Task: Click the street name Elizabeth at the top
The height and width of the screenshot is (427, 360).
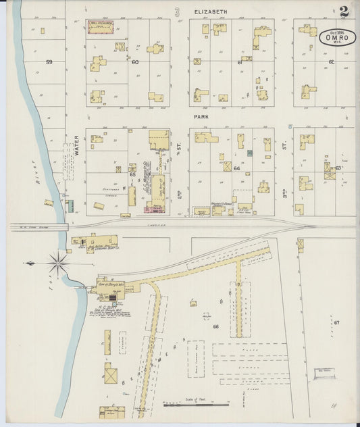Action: [x=211, y=12]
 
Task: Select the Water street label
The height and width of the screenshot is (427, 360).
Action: [x=76, y=144]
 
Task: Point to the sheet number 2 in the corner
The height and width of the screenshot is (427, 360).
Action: [x=344, y=11]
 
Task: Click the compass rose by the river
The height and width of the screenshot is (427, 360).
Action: [x=58, y=263]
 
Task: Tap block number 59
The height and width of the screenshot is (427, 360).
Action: [x=49, y=62]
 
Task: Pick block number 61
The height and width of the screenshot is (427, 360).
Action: [x=240, y=62]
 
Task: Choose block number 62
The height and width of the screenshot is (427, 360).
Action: [x=331, y=62]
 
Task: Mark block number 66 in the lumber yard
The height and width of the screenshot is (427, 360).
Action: [x=216, y=326]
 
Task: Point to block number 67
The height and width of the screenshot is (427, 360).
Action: [x=335, y=323]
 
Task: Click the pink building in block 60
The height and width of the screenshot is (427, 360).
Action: [x=101, y=27]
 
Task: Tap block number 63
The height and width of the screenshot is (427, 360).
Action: [x=338, y=168]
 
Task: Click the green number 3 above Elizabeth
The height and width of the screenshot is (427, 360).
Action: [x=177, y=11]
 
